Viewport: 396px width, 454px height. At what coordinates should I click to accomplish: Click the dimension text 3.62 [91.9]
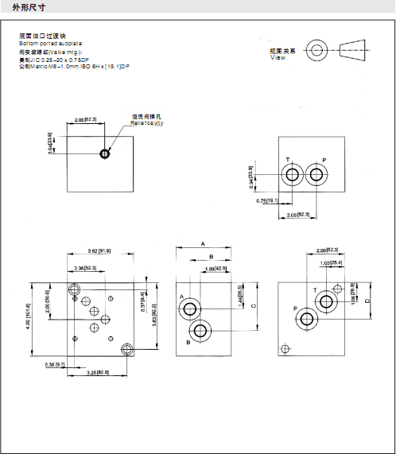99,251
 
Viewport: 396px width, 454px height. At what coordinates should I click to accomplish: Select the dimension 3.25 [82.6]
97,372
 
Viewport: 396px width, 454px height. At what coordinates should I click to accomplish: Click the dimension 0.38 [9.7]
54,364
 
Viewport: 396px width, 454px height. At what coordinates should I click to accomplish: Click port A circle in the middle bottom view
192,307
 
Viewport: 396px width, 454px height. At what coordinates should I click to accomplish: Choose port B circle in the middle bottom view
200,331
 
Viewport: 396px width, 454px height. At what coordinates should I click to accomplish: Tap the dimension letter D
367,301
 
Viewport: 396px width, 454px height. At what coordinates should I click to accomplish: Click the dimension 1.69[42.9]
217,270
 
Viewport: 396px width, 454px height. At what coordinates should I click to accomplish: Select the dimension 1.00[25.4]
332,262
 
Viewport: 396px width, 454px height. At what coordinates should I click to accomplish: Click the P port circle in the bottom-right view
307,320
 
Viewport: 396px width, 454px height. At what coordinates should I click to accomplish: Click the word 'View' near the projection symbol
277,57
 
